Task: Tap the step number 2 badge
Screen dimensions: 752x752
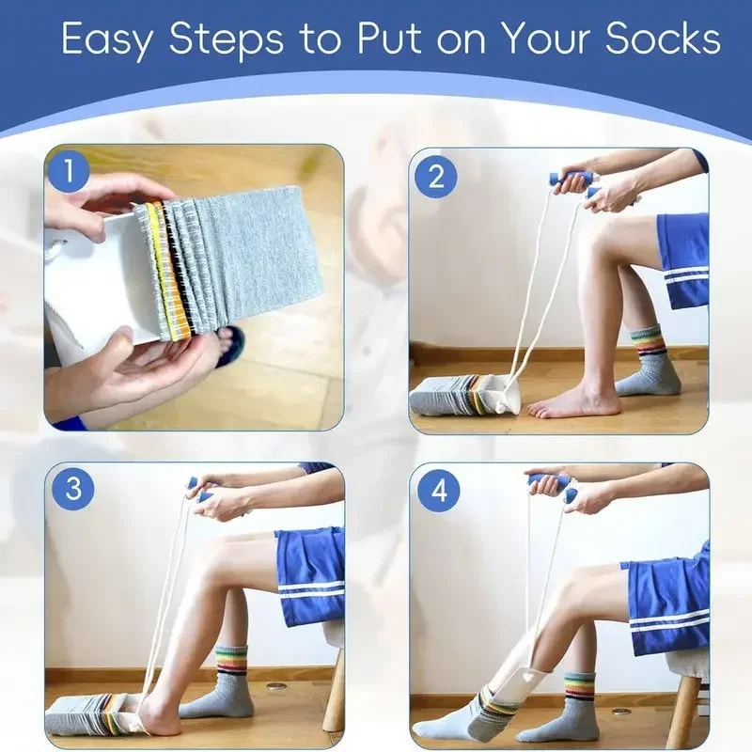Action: [434, 175]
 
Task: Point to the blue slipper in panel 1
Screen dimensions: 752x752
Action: [228, 345]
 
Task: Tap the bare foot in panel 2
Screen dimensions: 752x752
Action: [572, 402]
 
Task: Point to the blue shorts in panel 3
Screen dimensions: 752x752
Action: [310, 573]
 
